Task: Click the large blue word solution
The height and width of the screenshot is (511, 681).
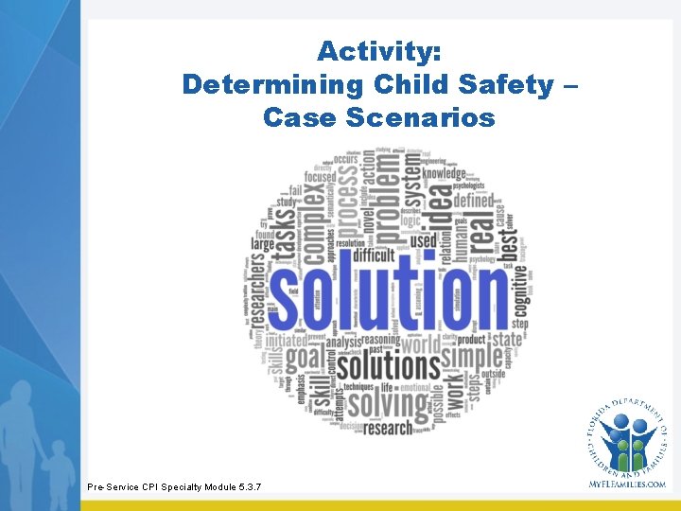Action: (389, 301)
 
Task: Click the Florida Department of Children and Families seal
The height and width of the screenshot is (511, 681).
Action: (626, 433)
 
